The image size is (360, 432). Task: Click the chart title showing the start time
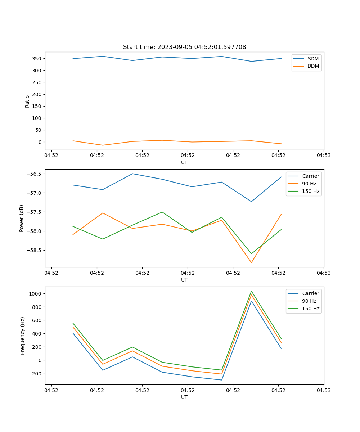pyautogui.click(x=184, y=47)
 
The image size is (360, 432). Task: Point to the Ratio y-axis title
pyautogui.click(x=27, y=101)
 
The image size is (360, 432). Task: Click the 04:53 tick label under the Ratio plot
pyautogui.click(x=324, y=156)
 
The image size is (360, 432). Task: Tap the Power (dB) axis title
pyautogui.click(x=22, y=218)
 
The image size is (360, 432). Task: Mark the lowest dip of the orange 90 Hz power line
pyautogui.click(x=251, y=262)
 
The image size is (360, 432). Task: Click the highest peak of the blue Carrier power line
pyautogui.click(x=132, y=174)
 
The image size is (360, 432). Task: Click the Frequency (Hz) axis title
pyautogui.click(x=22, y=336)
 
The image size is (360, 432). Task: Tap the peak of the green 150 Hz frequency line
pyautogui.click(x=251, y=291)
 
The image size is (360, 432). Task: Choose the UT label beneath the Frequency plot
pyautogui.click(x=184, y=397)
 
